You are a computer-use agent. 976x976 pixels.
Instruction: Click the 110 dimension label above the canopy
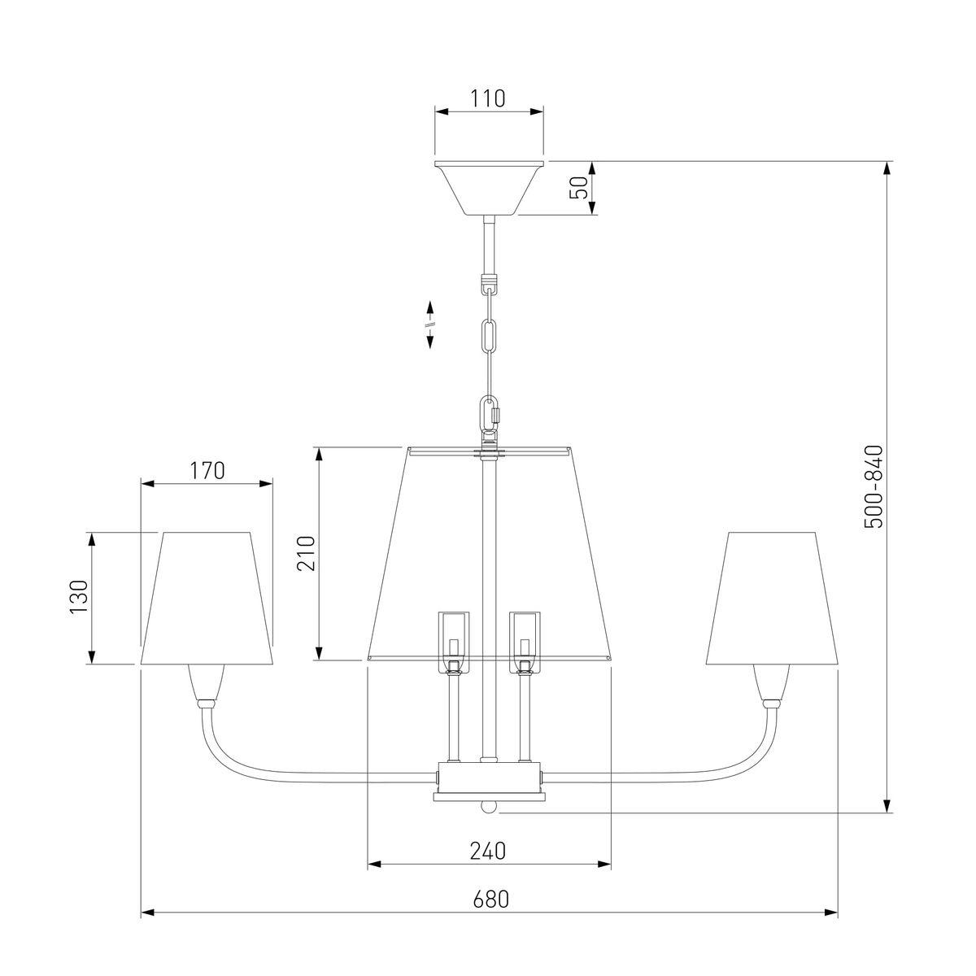coord(489,98)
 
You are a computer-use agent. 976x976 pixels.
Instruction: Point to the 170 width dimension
coord(207,471)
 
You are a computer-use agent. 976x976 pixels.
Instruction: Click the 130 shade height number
coord(79,597)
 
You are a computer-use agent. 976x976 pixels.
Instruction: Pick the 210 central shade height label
coord(306,553)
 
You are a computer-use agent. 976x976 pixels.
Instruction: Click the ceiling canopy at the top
coord(490,188)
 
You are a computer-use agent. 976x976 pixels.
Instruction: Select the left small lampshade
coord(207,598)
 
